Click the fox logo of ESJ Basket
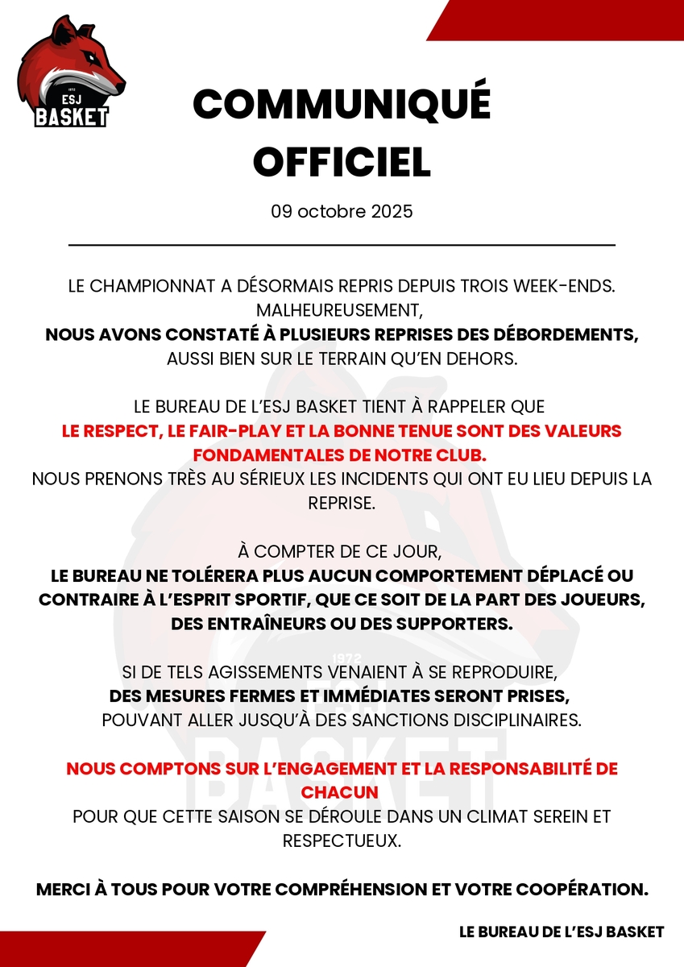[x=71, y=73]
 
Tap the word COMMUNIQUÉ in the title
[x=342, y=105]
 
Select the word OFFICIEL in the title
[x=342, y=162]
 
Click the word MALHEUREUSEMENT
[x=342, y=309]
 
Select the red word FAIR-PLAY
[x=216, y=431]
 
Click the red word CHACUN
[x=342, y=792]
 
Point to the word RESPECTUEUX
[x=342, y=840]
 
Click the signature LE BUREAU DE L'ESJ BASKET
[x=562, y=932]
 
